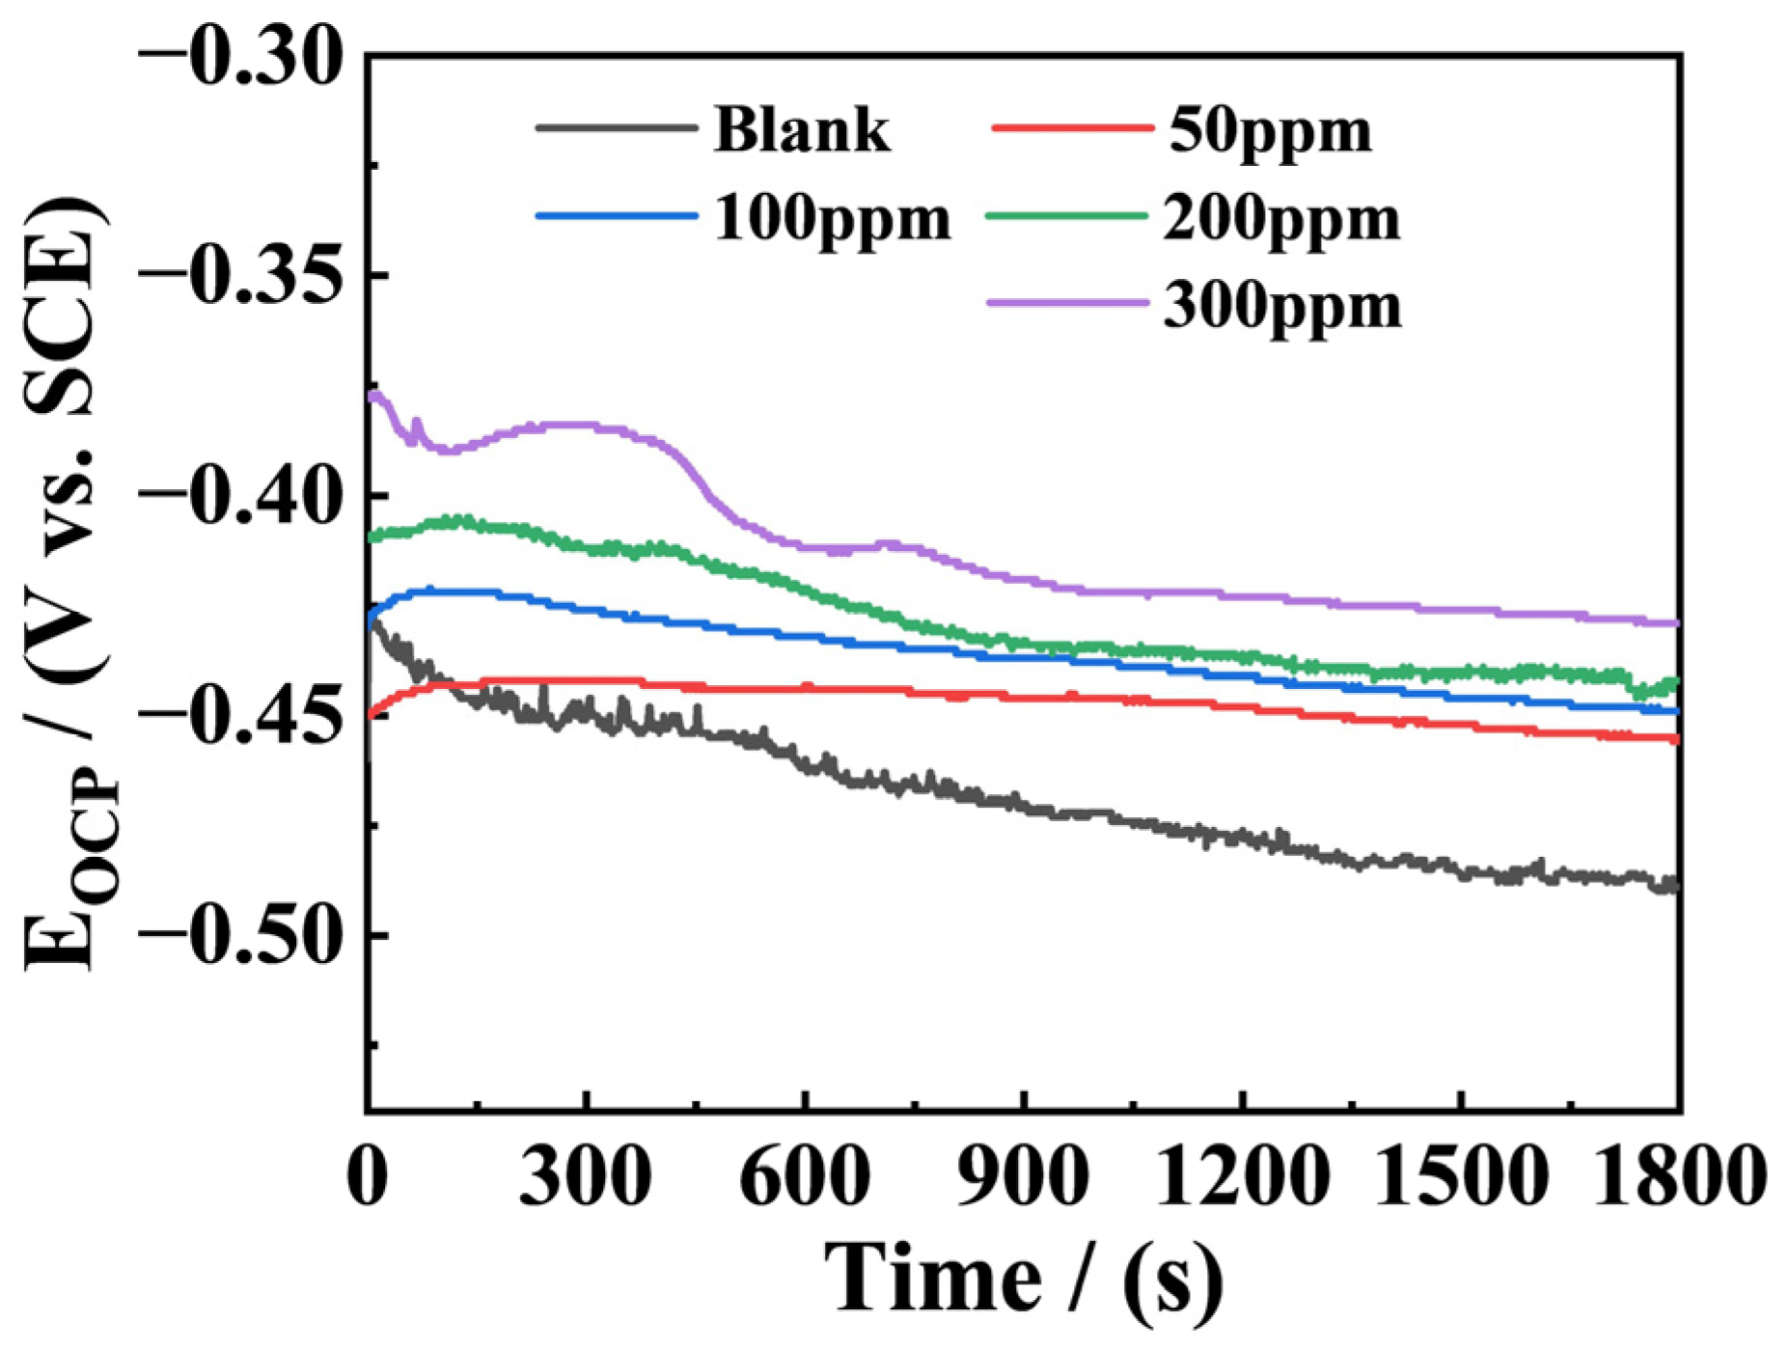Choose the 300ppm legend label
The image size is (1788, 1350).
(1281, 306)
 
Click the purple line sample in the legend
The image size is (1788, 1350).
(1068, 303)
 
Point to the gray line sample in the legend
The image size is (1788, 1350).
(616, 126)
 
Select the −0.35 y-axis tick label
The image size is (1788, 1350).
(240, 276)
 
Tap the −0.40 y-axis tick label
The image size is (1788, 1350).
(240, 495)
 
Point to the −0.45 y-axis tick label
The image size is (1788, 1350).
(240, 715)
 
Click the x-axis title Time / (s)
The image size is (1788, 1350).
(1023, 1279)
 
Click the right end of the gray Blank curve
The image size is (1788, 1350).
(1677, 885)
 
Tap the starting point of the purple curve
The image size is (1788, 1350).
(371, 395)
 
